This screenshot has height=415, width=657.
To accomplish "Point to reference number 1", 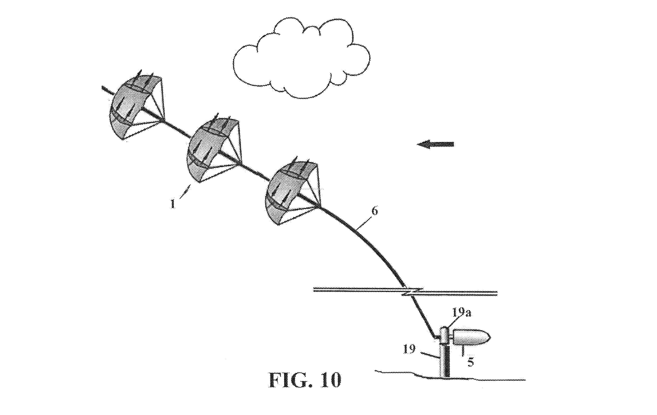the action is [x=172, y=203].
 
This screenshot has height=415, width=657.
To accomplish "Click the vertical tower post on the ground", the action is [x=444, y=361].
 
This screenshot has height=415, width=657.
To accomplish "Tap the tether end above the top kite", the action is [x=103, y=87].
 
